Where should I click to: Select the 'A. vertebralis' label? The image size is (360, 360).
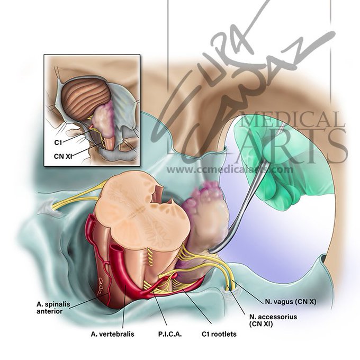[112, 334]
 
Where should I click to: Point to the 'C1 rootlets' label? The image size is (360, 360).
[219, 334]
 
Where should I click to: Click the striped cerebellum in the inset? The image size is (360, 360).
[85, 98]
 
